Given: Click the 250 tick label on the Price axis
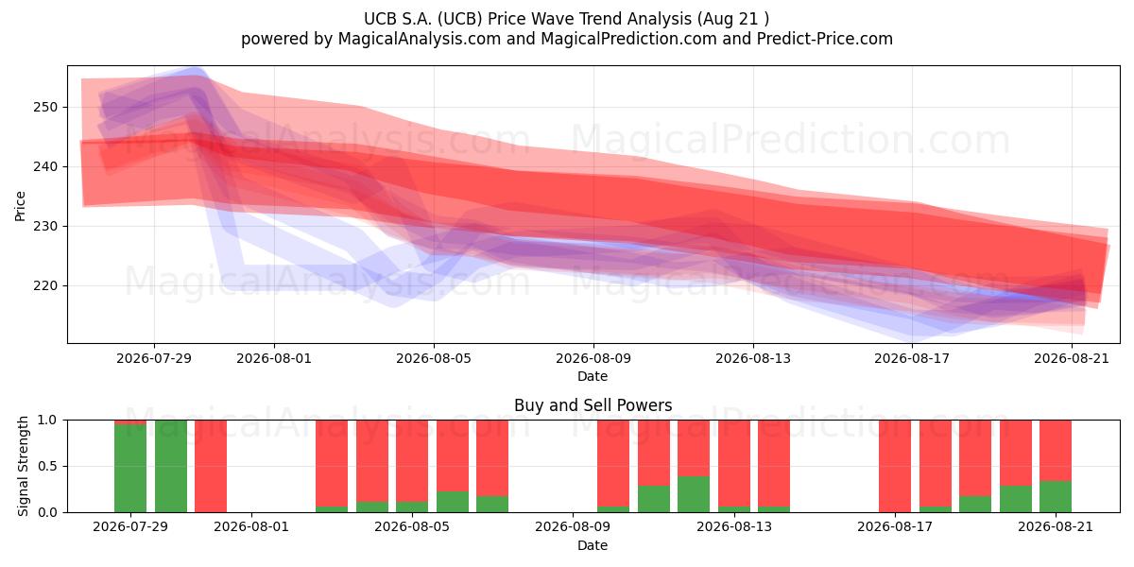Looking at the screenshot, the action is click(x=45, y=108).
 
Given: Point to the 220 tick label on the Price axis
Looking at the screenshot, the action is click(x=45, y=286).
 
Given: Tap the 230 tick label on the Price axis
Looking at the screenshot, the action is click(x=45, y=226).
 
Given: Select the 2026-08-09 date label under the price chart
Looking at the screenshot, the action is click(x=593, y=358).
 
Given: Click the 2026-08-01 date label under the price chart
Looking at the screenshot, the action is click(x=274, y=358).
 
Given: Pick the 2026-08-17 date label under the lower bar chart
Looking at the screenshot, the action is click(x=895, y=526).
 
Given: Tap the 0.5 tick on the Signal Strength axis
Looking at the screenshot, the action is click(x=47, y=466).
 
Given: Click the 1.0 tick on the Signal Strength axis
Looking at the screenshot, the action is click(x=47, y=421).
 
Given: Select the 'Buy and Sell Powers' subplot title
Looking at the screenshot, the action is click(x=593, y=405).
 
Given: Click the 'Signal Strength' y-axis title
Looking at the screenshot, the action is click(x=23, y=466).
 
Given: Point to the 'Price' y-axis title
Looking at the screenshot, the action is click(x=20, y=206).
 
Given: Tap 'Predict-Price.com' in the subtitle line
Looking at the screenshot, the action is click(x=825, y=39).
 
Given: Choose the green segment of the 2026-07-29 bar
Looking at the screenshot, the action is click(x=130, y=468).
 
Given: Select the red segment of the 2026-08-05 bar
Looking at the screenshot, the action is click(x=412, y=461).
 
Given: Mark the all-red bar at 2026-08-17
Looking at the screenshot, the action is click(x=895, y=466).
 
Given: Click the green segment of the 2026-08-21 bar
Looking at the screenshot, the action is click(x=1056, y=496).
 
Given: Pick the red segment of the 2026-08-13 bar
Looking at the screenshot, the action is click(x=733, y=463).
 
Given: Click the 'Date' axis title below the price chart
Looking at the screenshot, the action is click(x=593, y=377).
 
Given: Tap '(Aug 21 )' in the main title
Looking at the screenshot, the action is click(x=733, y=19).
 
